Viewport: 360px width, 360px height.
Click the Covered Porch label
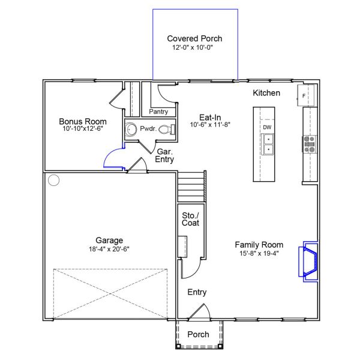coord(194,38)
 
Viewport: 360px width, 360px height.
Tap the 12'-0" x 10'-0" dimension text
coord(193,47)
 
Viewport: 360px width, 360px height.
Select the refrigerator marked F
coord(306,95)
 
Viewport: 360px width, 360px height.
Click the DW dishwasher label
coord(267,127)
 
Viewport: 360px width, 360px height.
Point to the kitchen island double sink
coord(268,144)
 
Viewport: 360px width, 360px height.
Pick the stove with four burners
coord(309,144)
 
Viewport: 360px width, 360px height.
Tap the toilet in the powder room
coord(167,130)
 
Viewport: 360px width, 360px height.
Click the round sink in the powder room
coord(131,130)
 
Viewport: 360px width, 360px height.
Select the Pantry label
coord(158,112)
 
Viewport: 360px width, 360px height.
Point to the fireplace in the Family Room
coord(308,262)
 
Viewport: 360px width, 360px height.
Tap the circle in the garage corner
coord(54,180)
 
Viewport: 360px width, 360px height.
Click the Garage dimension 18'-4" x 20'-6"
coord(109,249)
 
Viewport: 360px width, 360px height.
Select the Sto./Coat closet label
coord(190,219)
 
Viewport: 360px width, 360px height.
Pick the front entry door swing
coord(200,312)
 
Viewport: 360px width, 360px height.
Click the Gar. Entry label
coord(164,155)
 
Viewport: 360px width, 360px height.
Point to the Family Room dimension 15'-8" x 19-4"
coord(259,253)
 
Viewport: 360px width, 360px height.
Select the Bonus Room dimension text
coord(83,128)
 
